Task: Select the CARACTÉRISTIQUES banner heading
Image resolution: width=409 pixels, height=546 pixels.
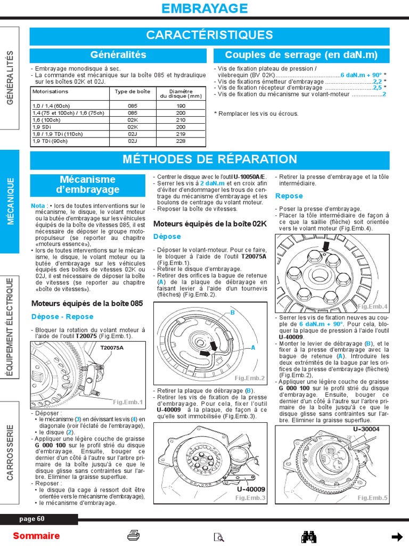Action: pyautogui.click(x=209, y=36)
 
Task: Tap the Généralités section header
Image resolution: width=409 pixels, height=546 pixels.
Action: pyautogui.click(x=118, y=55)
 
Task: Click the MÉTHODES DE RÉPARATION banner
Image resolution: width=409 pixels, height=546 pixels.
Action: pyautogui.click(x=209, y=159)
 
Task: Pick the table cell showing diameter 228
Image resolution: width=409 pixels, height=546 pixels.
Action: pyautogui.click(x=181, y=141)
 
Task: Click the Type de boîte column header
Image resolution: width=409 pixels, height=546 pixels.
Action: pyautogui.click(x=133, y=91)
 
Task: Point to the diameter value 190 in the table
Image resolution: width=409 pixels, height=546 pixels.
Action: pyautogui.click(x=181, y=106)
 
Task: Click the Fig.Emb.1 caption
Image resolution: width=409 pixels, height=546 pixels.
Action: pyautogui.click(x=128, y=402)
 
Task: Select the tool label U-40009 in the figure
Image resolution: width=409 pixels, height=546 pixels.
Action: pyautogui.click(x=251, y=489)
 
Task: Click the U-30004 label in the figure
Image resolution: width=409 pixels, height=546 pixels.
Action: pyautogui.click(x=366, y=429)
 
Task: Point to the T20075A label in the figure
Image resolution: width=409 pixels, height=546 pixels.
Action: pyautogui.click(x=112, y=348)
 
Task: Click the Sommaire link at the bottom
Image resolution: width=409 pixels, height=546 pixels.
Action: pyautogui.click(x=36, y=536)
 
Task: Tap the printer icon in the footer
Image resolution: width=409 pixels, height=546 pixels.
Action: pyautogui.click(x=134, y=536)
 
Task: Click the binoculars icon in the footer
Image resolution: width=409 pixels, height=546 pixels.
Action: pyautogui.click(x=309, y=536)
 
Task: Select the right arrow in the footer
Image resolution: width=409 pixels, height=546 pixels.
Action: pyautogui.click(x=396, y=536)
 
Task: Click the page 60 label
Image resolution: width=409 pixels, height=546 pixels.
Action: pyautogui.click(x=32, y=519)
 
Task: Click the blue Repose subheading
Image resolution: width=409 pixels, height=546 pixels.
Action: pyautogui.click(x=289, y=196)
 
